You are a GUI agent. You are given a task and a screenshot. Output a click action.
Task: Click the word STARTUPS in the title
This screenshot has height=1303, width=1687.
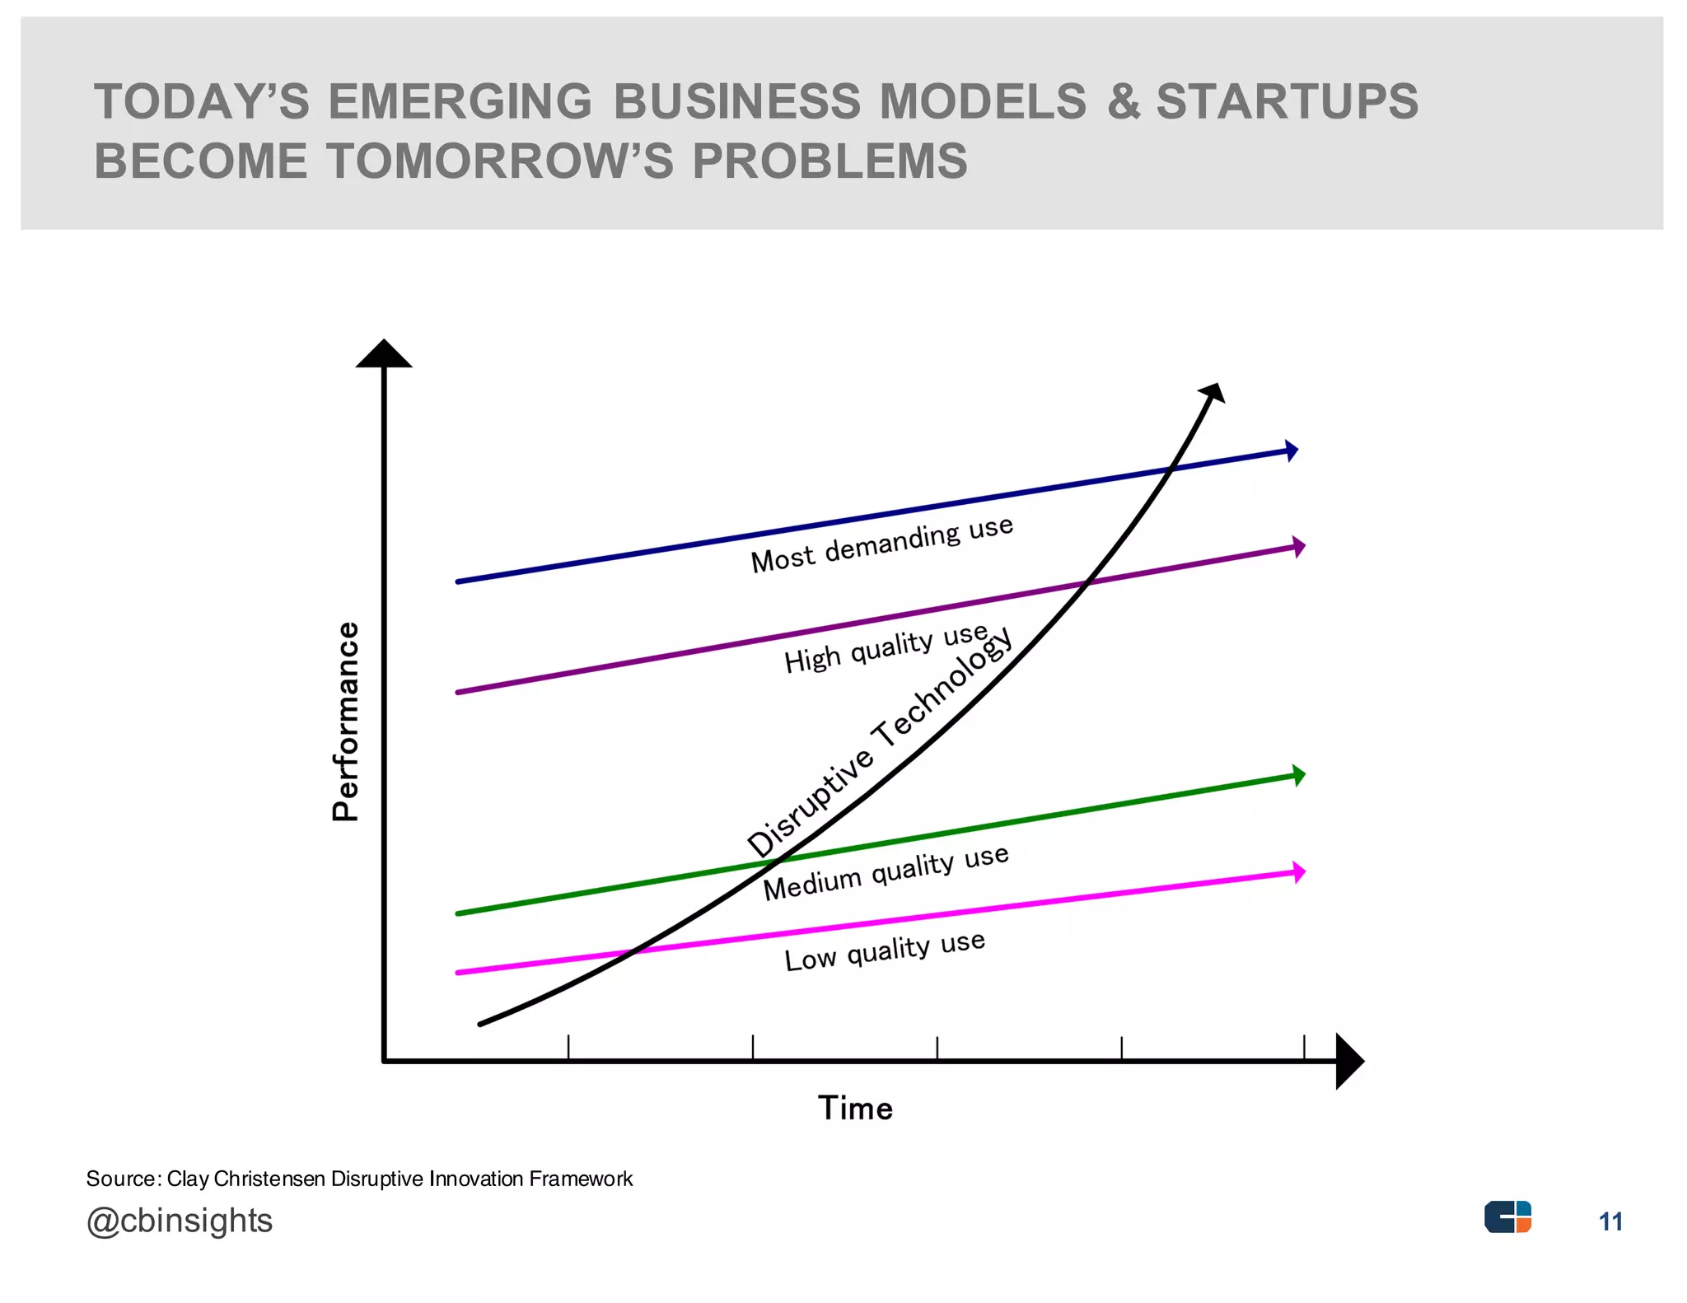tap(1287, 101)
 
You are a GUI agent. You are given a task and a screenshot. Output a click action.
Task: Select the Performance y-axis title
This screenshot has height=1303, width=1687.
tap(346, 722)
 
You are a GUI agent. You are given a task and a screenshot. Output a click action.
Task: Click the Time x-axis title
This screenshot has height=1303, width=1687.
tap(855, 1108)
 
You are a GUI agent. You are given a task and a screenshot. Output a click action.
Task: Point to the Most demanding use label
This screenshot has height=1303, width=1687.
tap(882, 544)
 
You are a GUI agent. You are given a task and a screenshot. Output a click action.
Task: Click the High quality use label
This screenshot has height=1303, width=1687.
tap(886, 648)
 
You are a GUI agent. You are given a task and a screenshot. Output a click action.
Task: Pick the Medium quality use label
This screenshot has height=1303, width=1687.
tap(886, 873)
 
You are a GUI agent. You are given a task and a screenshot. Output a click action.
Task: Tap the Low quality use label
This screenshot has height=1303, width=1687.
tap(885, 950)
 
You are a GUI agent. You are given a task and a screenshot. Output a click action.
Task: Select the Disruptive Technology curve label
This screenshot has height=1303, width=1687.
tap(879, 741)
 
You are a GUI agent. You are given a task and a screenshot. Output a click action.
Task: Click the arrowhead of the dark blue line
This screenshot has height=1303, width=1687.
tap(1292, 451)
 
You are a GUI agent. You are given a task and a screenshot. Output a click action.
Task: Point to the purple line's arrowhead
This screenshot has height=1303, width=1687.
tap(1299, 547)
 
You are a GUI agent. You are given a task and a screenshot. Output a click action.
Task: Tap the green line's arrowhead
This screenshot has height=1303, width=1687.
tap(1299, 775)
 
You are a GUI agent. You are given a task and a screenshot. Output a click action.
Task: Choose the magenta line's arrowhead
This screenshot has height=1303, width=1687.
tap(1299, 871)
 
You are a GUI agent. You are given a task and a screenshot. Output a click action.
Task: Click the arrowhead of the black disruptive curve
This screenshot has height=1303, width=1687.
tap(1213, 393)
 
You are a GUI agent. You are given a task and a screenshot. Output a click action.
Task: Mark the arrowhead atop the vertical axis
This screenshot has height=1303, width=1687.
tap(384, 353)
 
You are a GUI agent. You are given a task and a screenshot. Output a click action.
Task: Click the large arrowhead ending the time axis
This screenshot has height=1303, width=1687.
tap(1349, 1061)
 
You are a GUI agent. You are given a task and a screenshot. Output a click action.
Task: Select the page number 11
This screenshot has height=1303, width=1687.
tap(1610, 1221)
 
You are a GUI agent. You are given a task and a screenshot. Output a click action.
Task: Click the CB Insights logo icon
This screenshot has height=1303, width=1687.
tap(1507, 1217)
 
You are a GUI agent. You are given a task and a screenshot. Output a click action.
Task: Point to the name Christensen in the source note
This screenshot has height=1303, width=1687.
tap(269, 1179)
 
